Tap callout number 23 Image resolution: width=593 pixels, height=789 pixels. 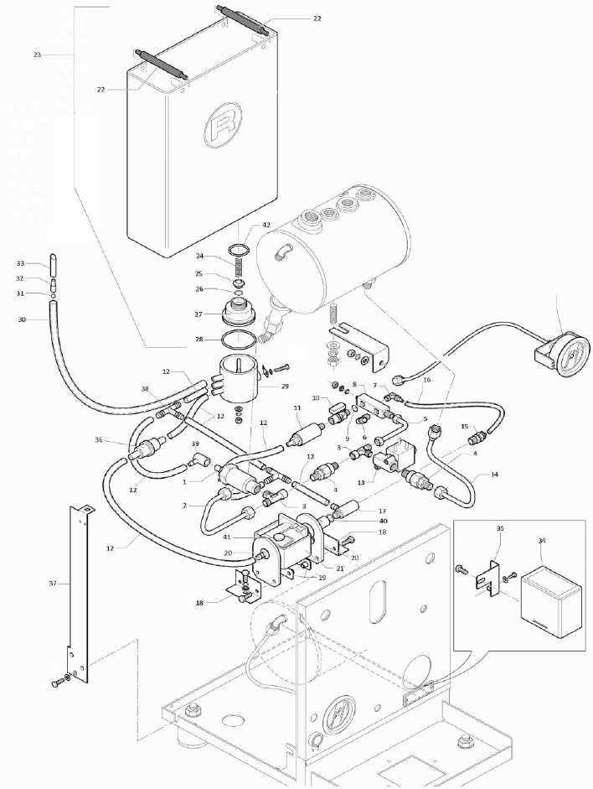37,55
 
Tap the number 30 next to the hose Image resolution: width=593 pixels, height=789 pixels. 22,319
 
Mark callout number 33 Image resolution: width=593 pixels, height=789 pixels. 21,263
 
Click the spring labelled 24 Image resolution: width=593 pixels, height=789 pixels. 237,263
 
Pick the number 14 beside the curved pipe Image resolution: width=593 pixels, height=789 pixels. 494,475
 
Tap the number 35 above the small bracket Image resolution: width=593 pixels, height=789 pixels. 501,530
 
